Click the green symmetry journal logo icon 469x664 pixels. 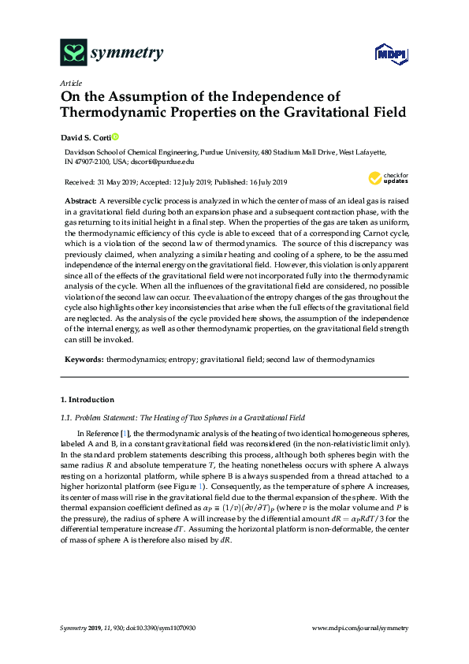pyautogui.click(x=73, y=54)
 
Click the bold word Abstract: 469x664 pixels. pyautogui.click(x=81, y=202)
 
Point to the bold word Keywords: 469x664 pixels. pyautogui.click(x=83, y=359)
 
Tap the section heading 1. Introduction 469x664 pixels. pyautogui.click(x=87, y=400)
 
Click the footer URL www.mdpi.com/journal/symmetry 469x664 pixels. pyautogui.click(x=360, y=628)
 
